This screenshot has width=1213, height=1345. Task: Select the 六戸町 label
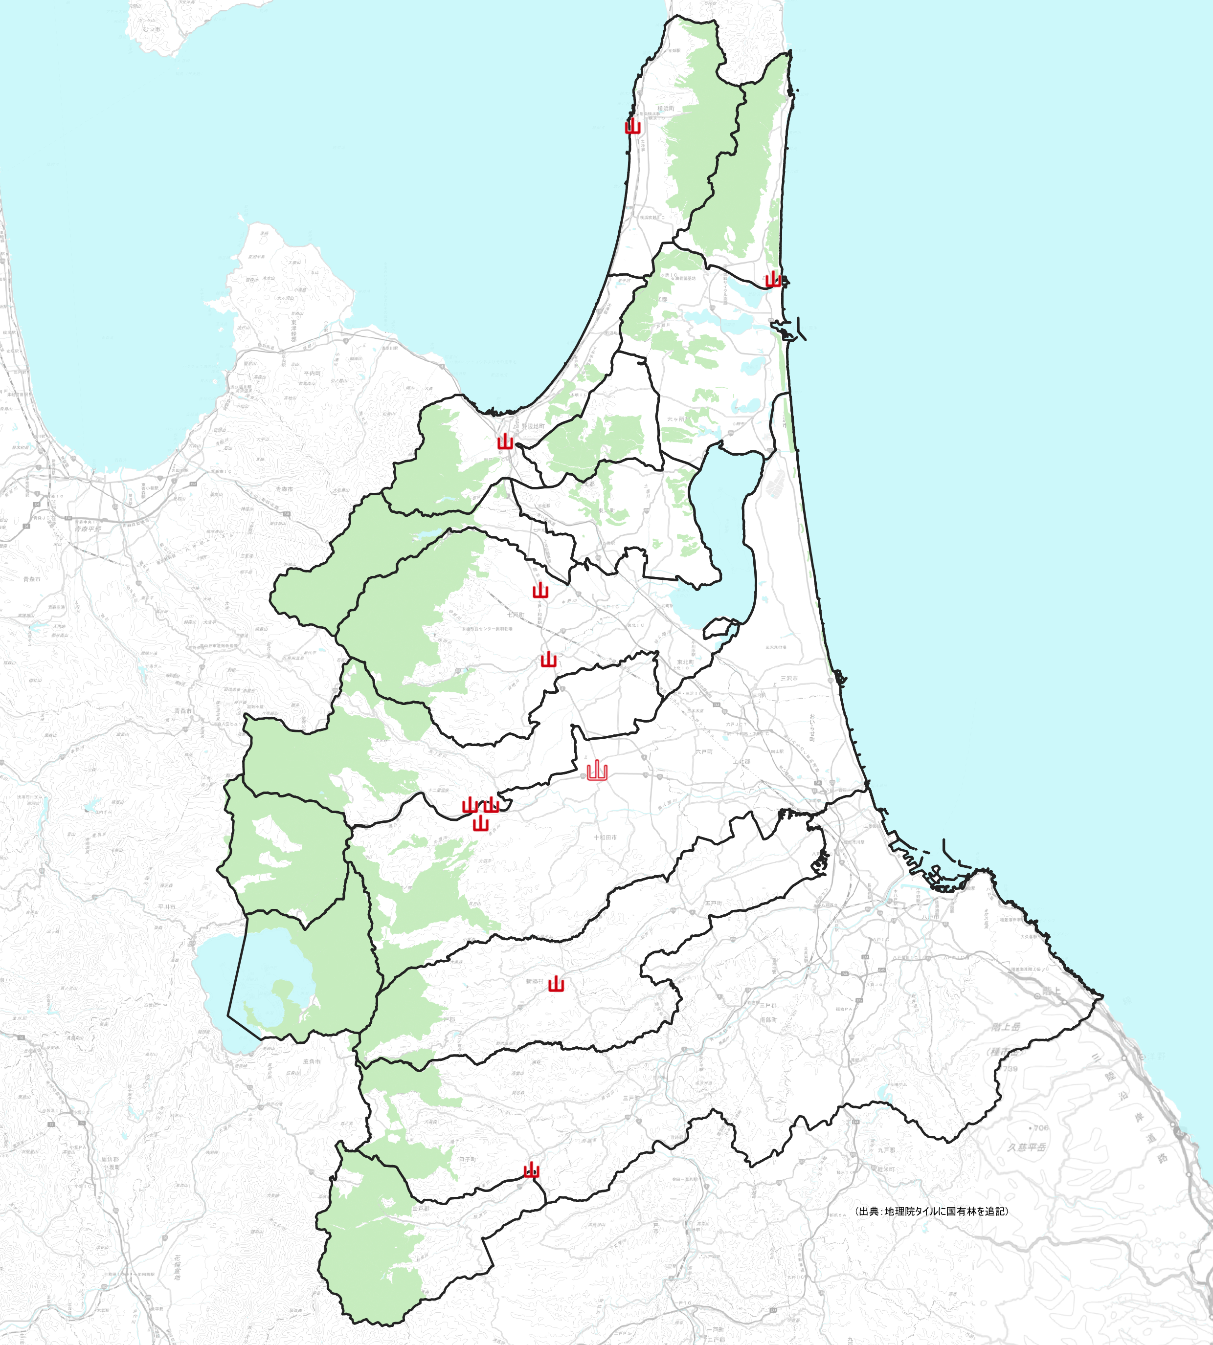[704, 751]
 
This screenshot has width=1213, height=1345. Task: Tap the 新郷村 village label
[535, 981]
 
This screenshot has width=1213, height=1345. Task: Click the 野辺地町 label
[533, 426]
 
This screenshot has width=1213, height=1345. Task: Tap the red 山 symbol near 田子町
[531, 1170]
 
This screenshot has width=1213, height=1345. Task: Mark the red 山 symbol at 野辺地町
[505, 441]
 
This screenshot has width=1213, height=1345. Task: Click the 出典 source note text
[931, 1211]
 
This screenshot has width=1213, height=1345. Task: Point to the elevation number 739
[1011, 1069]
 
